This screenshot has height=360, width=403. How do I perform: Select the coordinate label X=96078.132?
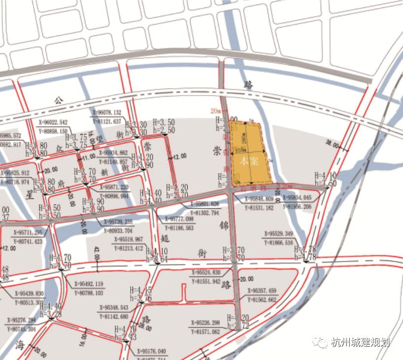(x=106, y=113)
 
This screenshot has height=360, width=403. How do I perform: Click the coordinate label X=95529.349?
(x=278, y=233)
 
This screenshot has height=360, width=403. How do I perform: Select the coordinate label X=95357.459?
(x=262, y=291)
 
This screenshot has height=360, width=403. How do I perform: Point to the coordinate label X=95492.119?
(x=89, y=284)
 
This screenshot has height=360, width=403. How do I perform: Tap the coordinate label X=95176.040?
(x=150, y=352)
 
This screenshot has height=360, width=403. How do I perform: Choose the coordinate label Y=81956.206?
(x=297, y=207)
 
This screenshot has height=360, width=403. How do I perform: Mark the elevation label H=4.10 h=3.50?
(x=325, y=179)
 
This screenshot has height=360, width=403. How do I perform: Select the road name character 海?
(x=20, y=343)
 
